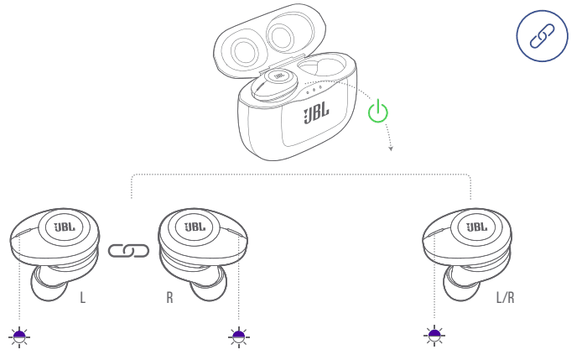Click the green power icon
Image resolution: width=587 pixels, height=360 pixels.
tap(379, 110)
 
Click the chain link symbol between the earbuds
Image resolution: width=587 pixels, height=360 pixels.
tap(128, 250)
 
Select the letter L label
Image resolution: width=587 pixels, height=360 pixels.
tap(83, 298)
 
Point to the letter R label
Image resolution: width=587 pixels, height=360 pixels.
tap(169, 298)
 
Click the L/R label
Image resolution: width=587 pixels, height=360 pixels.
tap(506, 298)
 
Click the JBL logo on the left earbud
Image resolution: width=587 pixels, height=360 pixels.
tap(64, 227)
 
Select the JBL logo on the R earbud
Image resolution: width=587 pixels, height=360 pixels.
tap(195, 227)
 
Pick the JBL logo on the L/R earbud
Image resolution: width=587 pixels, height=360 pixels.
tap(476, 227)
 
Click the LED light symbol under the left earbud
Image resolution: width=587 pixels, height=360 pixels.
tap(19, 337)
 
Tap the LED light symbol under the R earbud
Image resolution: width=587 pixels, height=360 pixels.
tap(239, 337)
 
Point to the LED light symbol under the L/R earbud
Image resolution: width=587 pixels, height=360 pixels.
tap(434, 337)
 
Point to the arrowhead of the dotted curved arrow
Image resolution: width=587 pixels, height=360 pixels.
tap(391, 149)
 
